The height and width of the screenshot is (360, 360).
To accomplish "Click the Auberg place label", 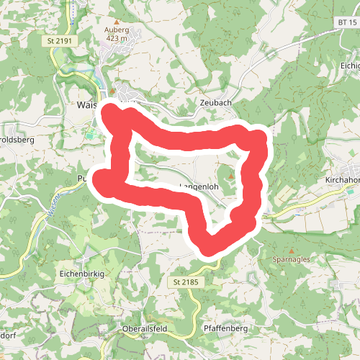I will point(116,30).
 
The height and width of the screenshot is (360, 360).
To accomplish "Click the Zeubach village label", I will point(215,104).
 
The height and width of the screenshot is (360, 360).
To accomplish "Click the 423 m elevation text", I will point(116,39).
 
